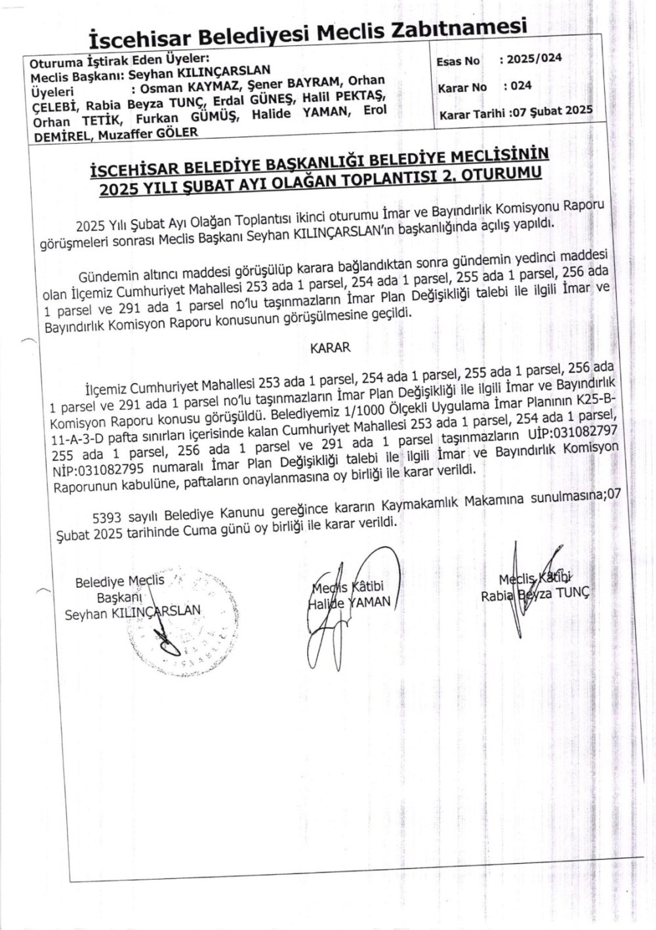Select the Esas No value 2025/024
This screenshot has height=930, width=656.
click(x=530, y=59)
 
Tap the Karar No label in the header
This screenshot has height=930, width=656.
click(x=463, y=87)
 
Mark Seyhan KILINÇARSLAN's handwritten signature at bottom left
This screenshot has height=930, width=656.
click(x=164, y=636)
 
